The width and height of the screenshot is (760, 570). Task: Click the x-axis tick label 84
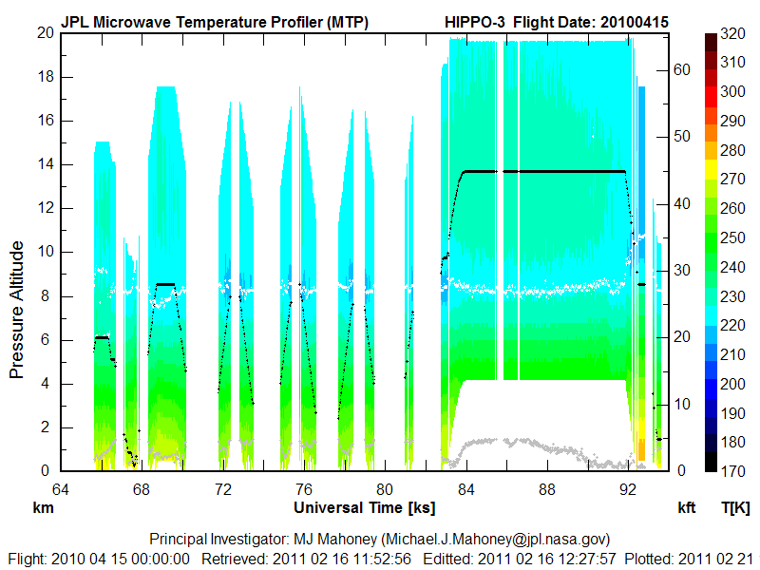465,490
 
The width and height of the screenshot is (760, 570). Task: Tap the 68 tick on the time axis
142,490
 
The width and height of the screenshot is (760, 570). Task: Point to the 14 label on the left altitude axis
43,164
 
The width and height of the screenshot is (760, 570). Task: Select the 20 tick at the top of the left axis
43,32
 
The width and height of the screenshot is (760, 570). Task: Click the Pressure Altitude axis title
17,310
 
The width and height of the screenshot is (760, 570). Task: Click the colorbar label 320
732,33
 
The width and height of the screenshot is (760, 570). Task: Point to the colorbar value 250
732,237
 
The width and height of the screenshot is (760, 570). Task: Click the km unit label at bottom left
43,508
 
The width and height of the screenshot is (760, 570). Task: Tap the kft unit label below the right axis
686,508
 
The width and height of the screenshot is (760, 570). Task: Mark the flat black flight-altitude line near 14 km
541,171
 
